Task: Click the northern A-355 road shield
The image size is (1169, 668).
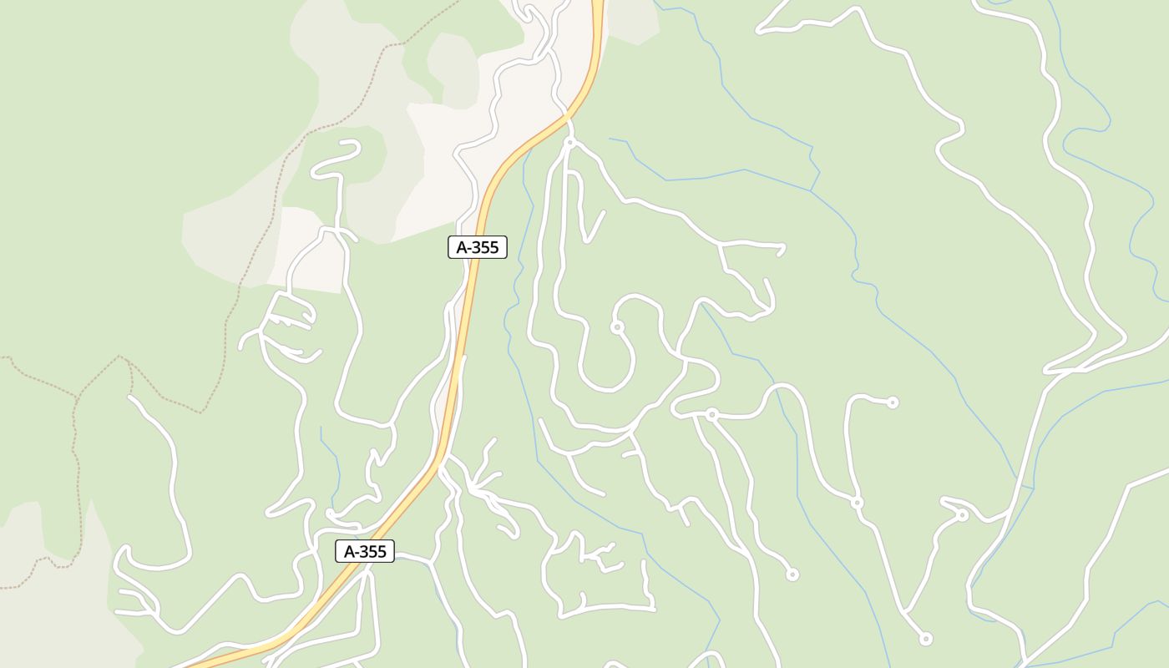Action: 477,247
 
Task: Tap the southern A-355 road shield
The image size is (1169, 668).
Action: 365,551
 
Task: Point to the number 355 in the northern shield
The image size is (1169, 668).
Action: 483,247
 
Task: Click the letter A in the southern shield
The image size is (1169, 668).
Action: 350,551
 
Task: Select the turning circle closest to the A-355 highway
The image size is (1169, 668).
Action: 570,143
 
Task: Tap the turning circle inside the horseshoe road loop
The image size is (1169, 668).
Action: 617,327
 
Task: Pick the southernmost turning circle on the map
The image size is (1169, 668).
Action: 925,639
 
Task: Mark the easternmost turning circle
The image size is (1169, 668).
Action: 962,515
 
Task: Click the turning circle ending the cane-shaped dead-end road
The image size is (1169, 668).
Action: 893,402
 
